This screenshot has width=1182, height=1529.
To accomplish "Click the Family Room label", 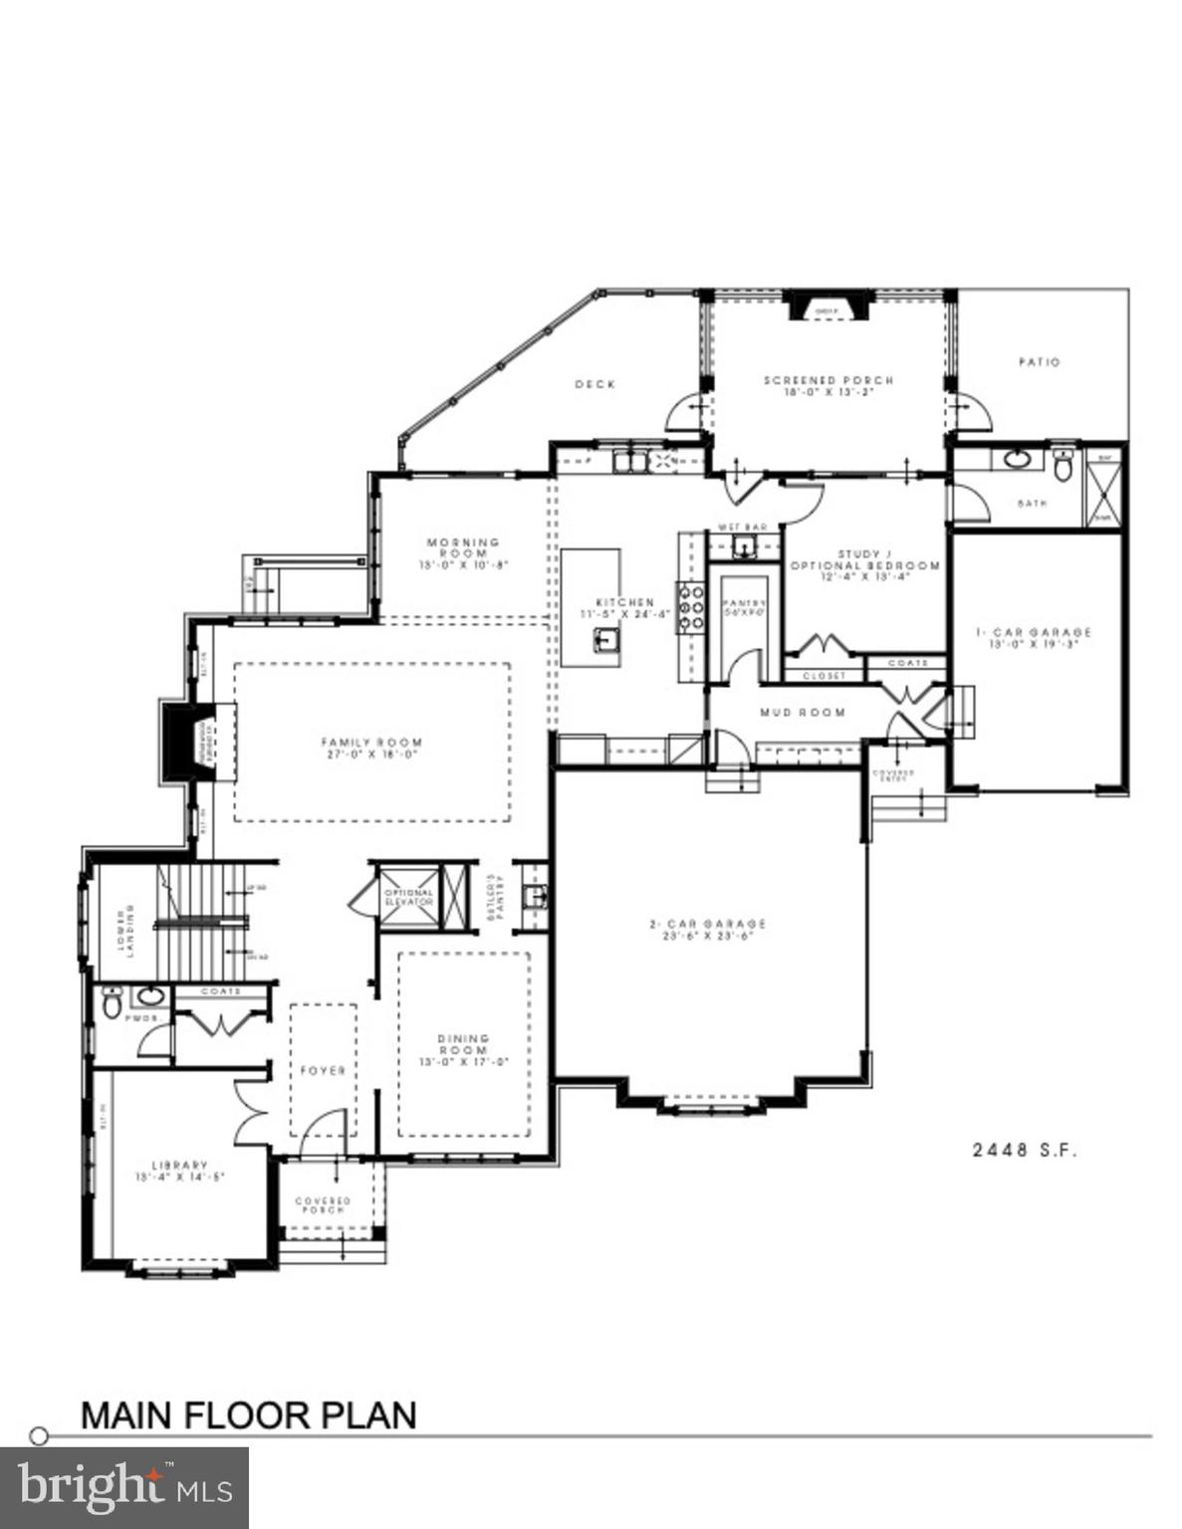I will [x=371, y=748].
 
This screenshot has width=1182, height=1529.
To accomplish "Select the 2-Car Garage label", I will [x=708, y=929].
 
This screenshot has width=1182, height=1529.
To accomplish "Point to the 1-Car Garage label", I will [x=1034, y=637].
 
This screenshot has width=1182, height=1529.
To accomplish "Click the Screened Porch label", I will [x=828, y=385].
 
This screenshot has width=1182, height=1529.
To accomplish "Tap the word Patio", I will [x=1039, y=362].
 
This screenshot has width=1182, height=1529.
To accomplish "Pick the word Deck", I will [x=594, y=384].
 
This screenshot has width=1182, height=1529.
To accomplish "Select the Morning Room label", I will [x=463, y=552].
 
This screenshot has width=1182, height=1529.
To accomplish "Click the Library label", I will [x=180, y=1170].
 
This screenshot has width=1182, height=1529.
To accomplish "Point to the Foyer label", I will [x=323, y=1070].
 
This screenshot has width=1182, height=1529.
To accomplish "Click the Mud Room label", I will [x=803, y=712].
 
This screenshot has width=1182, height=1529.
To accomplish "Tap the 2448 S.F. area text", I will [x=1025, y=1150].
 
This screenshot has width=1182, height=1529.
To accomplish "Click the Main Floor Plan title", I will [x=248, y=1415].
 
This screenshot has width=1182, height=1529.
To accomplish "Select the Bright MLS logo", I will [x=123, y=1488].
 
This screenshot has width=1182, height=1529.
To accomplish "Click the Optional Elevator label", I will [x=408, y=897].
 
